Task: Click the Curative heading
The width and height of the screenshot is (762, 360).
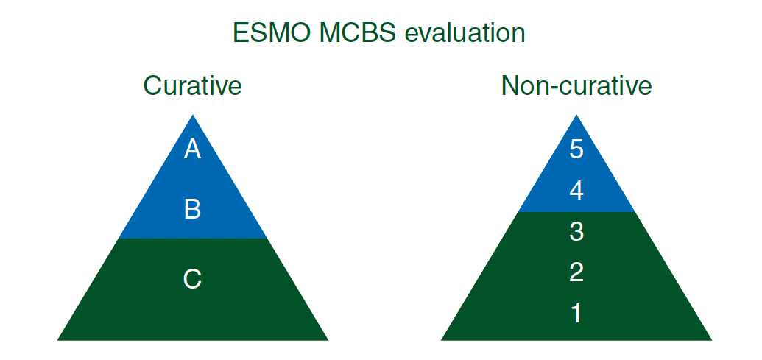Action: tap(192, 85)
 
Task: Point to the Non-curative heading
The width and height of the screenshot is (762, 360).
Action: tap(576, 85)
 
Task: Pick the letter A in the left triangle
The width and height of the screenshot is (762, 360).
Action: tap(192, 149)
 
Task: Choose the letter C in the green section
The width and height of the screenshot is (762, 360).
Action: tap(192, 279)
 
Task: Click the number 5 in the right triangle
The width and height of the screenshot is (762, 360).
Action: tap(576, 149)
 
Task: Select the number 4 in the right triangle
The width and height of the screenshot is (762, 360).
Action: tap(576, 191)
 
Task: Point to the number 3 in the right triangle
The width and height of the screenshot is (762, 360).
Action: tap(576, 232)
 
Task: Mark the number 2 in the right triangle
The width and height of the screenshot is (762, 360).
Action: tap(576, 272)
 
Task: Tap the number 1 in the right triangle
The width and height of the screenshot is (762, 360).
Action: tap(576, 314)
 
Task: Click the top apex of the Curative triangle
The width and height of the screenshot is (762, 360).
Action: tap(193, 115)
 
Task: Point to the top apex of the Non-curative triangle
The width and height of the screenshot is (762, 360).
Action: tap(576, 115)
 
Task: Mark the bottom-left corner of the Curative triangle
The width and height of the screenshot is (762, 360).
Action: tap(57, 340)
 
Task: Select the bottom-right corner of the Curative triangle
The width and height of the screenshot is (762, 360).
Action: tap(328, 340)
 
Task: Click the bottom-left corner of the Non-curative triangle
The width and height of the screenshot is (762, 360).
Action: tap(441, 340)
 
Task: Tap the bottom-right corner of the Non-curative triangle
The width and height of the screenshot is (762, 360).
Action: tap(711, 340)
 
